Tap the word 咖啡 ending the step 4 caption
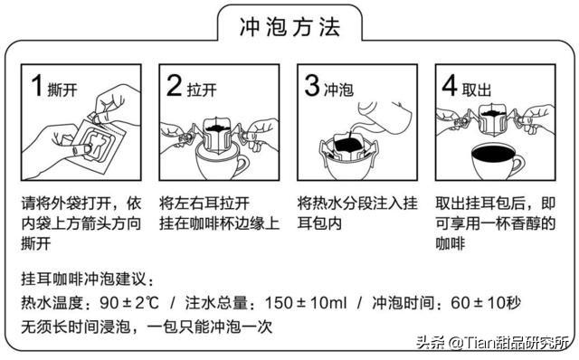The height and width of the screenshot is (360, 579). pos(454,242)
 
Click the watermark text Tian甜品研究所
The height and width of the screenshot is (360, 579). pos(514,343)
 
